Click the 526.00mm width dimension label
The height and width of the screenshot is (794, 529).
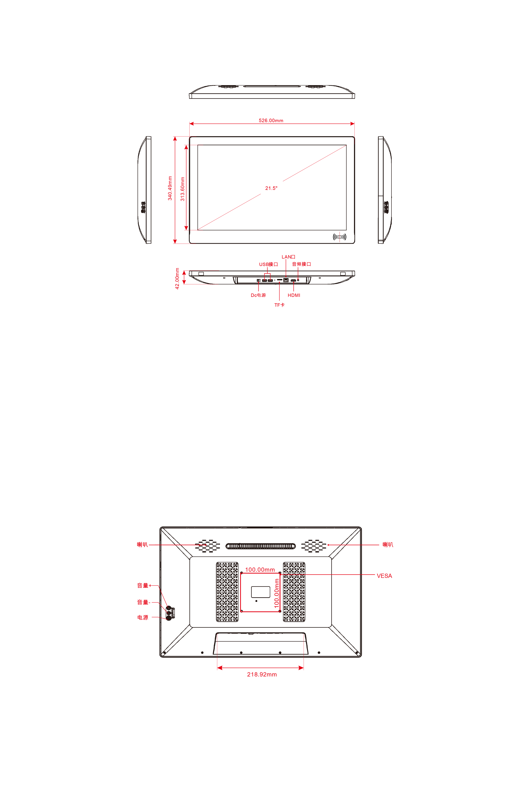pos(271,120)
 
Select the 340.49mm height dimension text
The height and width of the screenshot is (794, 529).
pos(170,188)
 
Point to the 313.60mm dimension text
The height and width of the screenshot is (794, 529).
pos(183,189)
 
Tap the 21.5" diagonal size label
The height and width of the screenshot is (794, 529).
pos(271,188)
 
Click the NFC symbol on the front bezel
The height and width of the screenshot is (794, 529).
pos(339,237)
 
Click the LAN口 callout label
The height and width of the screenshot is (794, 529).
pos(289,257)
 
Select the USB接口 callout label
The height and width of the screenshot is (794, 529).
pos(268,264)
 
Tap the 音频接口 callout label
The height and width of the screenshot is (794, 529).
pos(301,264)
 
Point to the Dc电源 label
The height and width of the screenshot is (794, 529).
pos(258,295)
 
